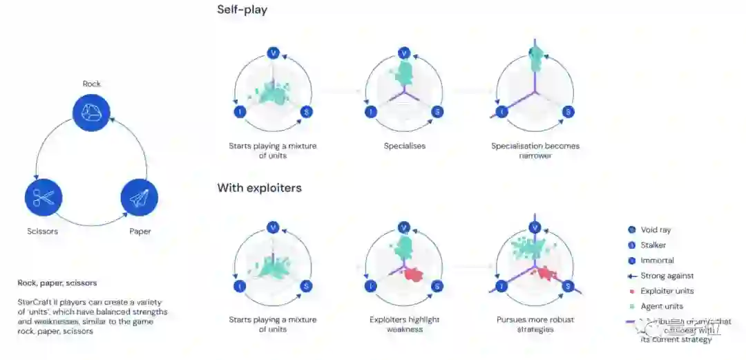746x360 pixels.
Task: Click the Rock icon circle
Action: pyautogui.click(x=91, y=113)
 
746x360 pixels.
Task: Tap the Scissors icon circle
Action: pyautogui.click(x=44, y=198)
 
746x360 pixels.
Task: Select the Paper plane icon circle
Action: pyautogui.click(x=139, y=198)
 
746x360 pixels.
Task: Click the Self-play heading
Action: pyautogui.click(x=242, y=10)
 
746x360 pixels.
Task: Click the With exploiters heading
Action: pyautogui.click(x=259, y=188)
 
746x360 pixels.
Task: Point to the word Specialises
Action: pyautogui.click(x=404, y=146)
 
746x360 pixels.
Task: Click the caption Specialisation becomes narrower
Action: pyautogui.click(x=535, y=151)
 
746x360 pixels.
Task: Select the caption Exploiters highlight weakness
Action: pyautogui.click(x=405, y=324)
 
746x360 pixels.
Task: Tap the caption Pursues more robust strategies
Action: pyautogui.click(x=535, y=324)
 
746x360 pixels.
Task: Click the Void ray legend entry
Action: pyautogui.click(x=655, y=230)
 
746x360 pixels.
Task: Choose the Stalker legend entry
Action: pyautogui.click(x=653, y=245)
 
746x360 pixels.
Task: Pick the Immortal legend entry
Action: pyautogui.click(x=656, y=260)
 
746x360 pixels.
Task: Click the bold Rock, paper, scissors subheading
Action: pyautogui.click(x=57, y=283)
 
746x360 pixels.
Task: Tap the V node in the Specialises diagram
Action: pyautogui.click(x=405, y=53)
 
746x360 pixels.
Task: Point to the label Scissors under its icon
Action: pyautogui.click(x=42, y=231)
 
